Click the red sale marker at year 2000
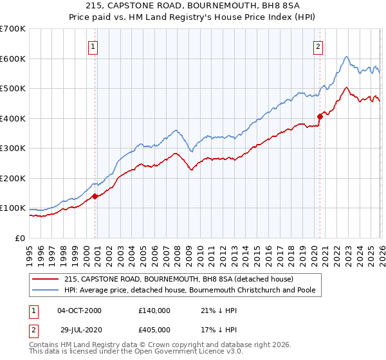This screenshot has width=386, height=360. pyautogui.click(x=95, y=196)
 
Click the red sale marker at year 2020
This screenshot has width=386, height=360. pyautogui.click(x=320, y=116)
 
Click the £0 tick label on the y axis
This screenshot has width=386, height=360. pyautogui.click(x=20, y=239)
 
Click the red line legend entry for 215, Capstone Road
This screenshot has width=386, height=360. pyautogui.click(x=179, y=279)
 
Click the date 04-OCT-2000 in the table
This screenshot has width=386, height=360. pyautogui.click(x=79, y=310)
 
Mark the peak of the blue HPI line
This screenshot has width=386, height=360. pyautogui.click(x=346, y=57)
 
